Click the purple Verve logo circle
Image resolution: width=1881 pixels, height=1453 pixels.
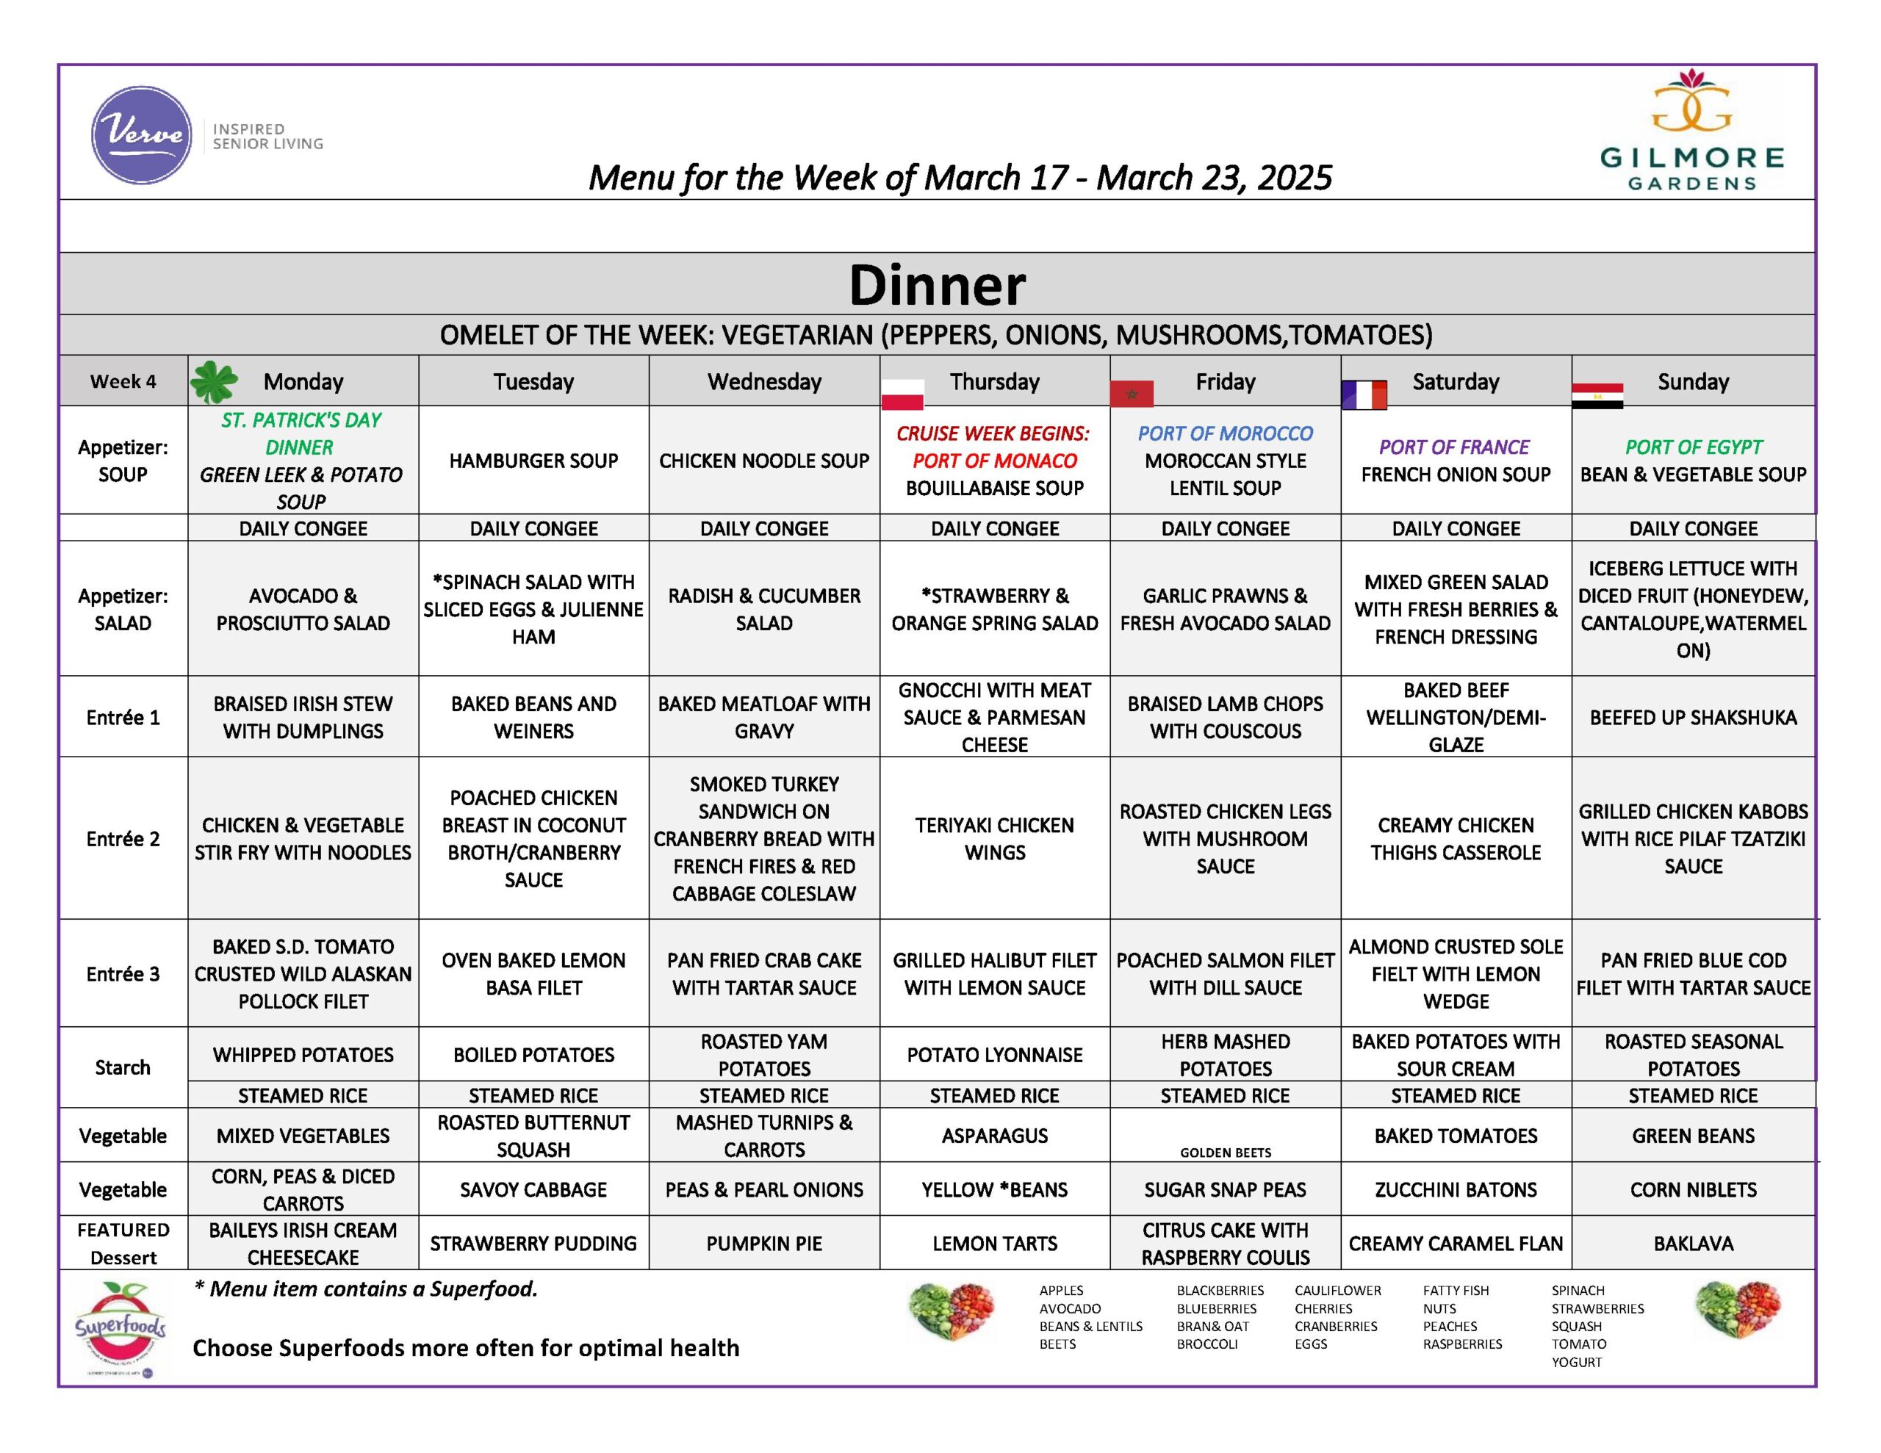pyautogui.click(x=141, y=135)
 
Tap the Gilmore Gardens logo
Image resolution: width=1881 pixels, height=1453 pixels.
pyautogui.click(x=1691, y=130)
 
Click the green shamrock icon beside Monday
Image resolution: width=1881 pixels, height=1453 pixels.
pyautogui.click(x=214, y=381)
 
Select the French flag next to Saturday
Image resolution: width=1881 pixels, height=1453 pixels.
pyautogui.click(x=1364, y=394)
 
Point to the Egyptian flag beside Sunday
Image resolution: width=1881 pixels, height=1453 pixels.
pyautogui.click(x=1597, y=395)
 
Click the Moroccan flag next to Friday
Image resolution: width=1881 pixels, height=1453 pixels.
pyautogui.click(x=1132, y=394)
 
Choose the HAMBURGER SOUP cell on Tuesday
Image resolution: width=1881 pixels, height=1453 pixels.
pyautogui.click(x=533, y=461)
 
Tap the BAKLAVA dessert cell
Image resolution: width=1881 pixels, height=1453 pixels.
pyautogui.click(x=1692, y=1243)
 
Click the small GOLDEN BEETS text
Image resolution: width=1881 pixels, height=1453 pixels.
pyautogui.click(x=1225, y=1153)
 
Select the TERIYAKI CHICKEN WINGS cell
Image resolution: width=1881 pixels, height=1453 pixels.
pyautogui.click(x=994, y=838)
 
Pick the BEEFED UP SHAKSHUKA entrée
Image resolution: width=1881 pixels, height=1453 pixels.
pyautogui.click(x=1692, y=718)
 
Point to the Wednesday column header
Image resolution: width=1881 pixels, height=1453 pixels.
pyautogui.click(x=764, y=381)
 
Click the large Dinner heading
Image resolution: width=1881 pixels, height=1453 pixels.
pyautogui.click(x=937, y=284)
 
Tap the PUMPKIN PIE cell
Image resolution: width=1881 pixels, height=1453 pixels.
pyautogui.click(x=764, y=1243)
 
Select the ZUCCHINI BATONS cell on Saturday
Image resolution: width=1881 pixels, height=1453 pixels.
pyautogui.click(x=1456, y=1189)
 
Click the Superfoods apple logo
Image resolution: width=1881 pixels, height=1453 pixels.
pyautogui.click(x=121, y=1327)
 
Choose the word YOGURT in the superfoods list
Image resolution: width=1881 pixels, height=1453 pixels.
pyautogui.click(x=1576, y=1362)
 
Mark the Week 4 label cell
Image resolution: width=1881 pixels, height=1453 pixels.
pyautogui.click(x=123, y=381)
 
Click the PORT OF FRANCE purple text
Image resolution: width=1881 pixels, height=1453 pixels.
pyautogui.click(x=1454, y=447)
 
